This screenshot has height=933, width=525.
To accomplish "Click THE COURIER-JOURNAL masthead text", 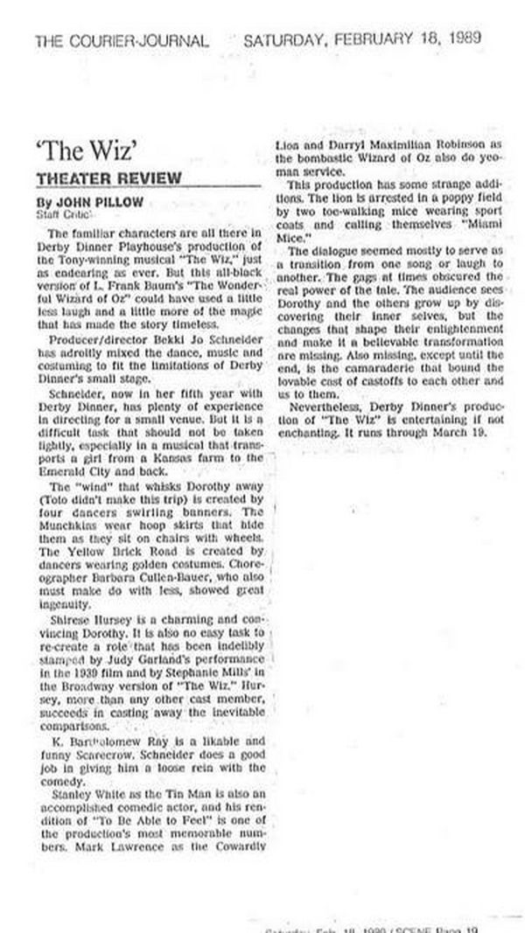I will click(x=122, y=40).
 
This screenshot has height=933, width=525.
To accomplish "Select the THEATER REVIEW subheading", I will click(x=108, y=179).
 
